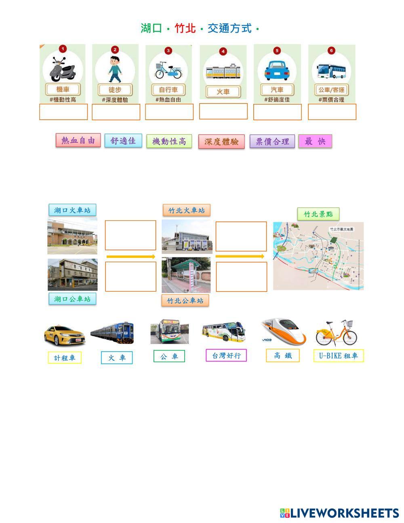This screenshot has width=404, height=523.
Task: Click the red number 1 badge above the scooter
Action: click(62, 49)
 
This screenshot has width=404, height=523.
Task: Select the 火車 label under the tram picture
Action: click(223, 92)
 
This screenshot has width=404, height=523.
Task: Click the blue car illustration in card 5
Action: click(277, 70)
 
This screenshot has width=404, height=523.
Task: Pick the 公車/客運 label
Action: click(331, 90)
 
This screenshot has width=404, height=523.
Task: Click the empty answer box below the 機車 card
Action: click(63, 112)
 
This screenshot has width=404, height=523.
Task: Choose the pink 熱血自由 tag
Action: click(78, 141)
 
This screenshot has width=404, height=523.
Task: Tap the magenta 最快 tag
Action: click(315, 141)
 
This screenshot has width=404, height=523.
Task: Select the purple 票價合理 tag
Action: click(272, 141)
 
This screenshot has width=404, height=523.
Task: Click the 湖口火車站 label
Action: click(72, 210)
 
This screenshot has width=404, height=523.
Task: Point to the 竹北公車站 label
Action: click(185, 301)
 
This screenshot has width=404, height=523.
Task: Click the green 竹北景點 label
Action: click(318, 214)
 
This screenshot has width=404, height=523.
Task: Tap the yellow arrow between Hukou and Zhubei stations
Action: click(130, 257)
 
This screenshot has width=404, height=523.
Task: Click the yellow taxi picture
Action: click(65, 335)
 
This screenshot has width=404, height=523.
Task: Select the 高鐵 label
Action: click(282, 356)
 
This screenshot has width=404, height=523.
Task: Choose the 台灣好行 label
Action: click(226, 356)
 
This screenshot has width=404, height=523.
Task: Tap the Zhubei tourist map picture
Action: click(318, 256)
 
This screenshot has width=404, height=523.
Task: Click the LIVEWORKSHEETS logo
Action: click(339, 513)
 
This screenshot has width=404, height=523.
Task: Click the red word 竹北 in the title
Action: click(185, 28)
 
